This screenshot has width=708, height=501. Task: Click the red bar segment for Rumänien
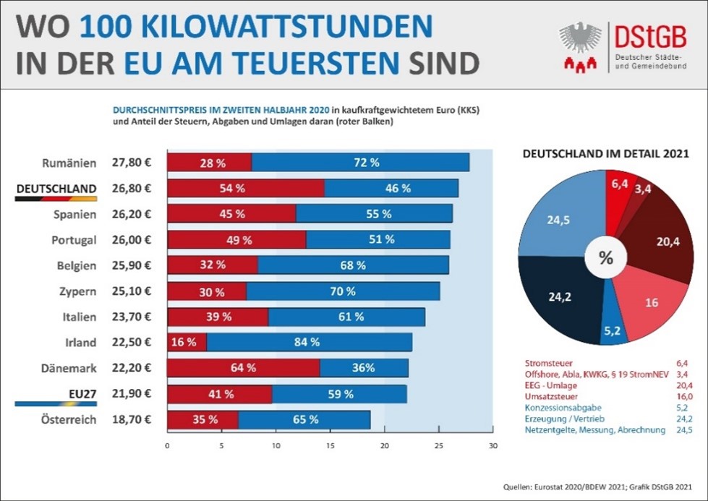click(210, 163)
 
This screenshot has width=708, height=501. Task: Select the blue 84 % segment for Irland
click(309, 342)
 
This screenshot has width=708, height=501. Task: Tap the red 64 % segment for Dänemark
click(243, 368)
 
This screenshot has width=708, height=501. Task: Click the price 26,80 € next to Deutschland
click(131, 189)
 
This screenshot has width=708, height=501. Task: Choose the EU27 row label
click(79, 394)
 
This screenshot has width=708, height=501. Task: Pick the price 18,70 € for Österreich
click(131, 420)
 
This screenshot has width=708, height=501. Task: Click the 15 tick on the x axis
click(330, 445)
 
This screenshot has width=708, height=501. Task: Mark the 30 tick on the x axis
click(492, 445)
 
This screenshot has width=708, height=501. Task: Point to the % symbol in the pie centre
click(606, 257)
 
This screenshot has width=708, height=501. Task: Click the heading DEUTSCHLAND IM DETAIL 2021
click(605, 154)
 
